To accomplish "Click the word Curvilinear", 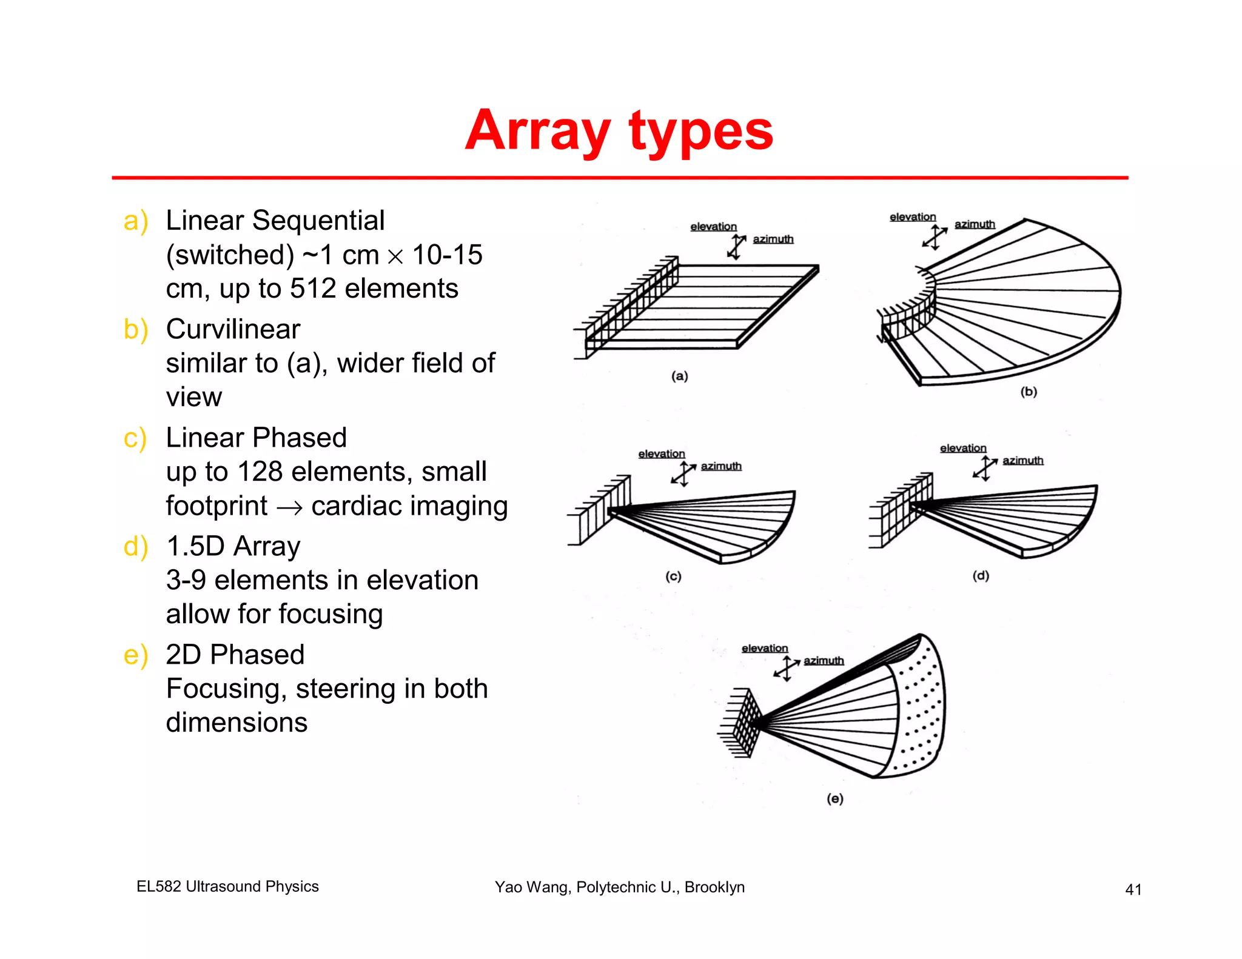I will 233,329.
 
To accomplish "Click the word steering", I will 345,689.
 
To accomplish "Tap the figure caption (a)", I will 679,376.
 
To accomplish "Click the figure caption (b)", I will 1029,392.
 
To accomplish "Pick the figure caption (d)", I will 981,576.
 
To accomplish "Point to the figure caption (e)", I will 835,799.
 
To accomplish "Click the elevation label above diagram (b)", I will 912,217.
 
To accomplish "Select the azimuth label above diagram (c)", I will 721,466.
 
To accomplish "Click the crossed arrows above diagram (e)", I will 787,669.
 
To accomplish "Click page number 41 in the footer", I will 1133,889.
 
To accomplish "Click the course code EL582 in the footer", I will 158,886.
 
